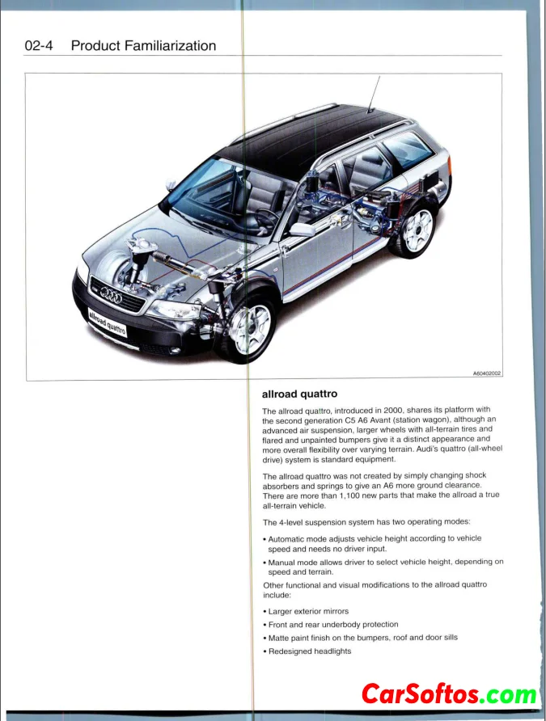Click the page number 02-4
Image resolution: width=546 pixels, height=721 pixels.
[38, 46]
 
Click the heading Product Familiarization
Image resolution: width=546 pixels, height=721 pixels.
[143, 46]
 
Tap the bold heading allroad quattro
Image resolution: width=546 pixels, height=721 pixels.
[300, 394]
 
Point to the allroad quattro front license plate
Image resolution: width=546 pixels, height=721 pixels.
[107, 321]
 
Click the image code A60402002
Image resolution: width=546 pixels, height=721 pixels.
[487, 373]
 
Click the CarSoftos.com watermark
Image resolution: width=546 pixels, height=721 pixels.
[448, 694]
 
